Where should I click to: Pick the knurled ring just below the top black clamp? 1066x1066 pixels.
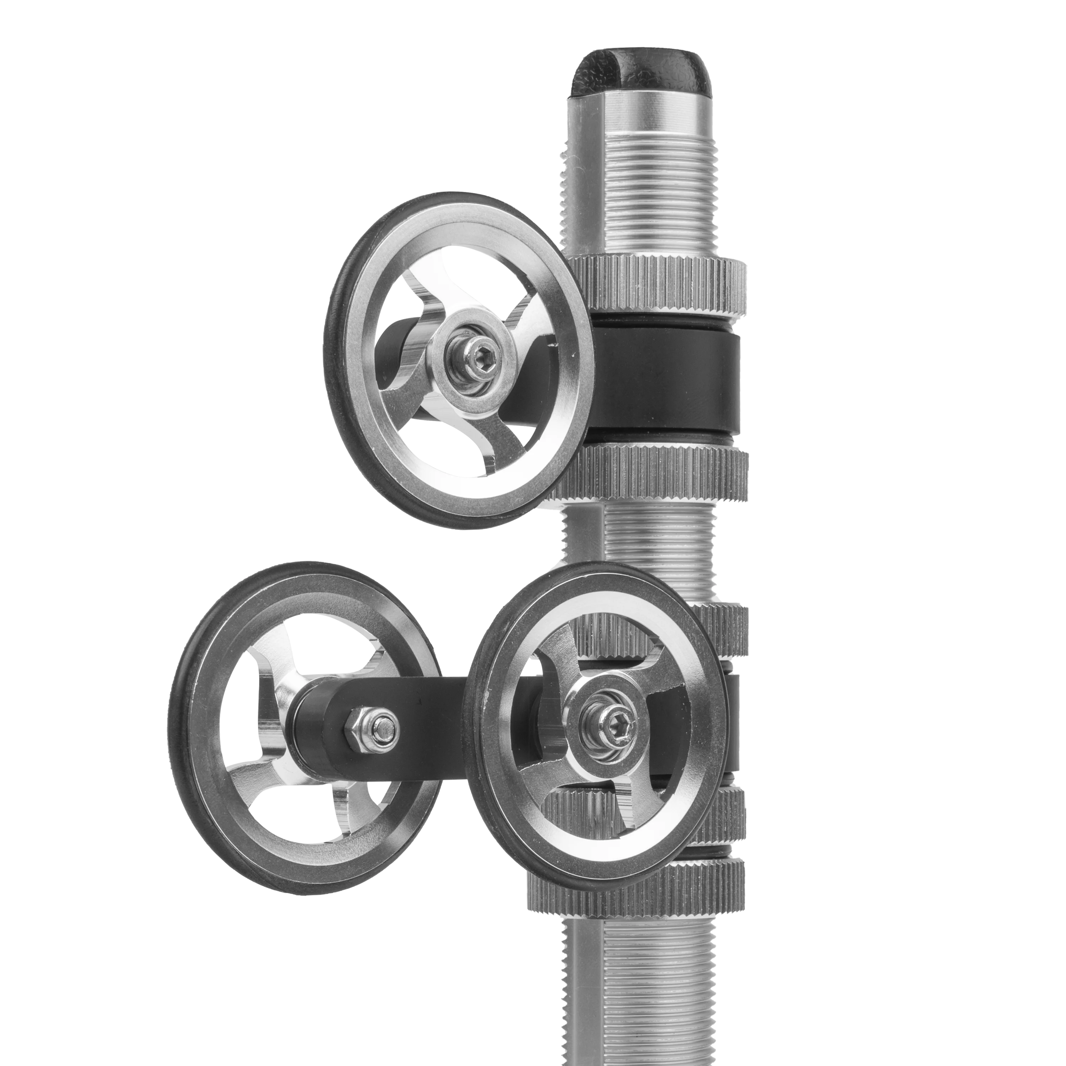(662, 472)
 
